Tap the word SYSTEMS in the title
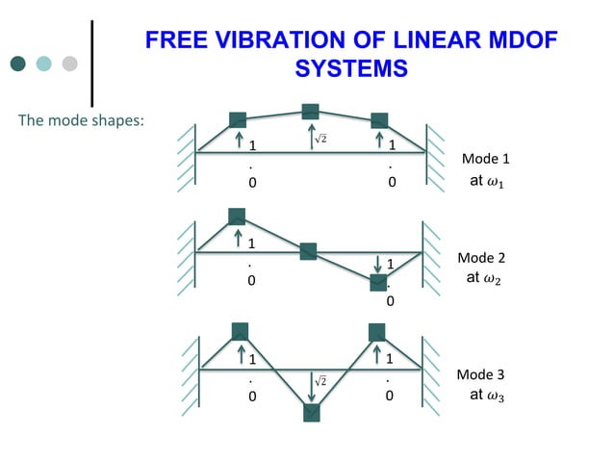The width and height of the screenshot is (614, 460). [350, 69]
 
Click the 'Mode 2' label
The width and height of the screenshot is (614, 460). [481, 258]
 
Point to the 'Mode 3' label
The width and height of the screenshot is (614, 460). [480, 373]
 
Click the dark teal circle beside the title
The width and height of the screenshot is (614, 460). [18, 64]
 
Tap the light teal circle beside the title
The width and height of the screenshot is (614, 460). [44, 64]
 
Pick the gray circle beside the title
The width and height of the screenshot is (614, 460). [69, 64]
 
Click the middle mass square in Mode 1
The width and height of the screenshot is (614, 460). [310, 112]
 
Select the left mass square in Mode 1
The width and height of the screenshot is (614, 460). [238, 120]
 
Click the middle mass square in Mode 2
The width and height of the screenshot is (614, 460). [308, 252]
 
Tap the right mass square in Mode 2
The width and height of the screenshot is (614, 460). [379, 282]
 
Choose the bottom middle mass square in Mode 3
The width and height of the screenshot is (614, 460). [312, 413]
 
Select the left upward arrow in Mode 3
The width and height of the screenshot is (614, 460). [240, 356]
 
